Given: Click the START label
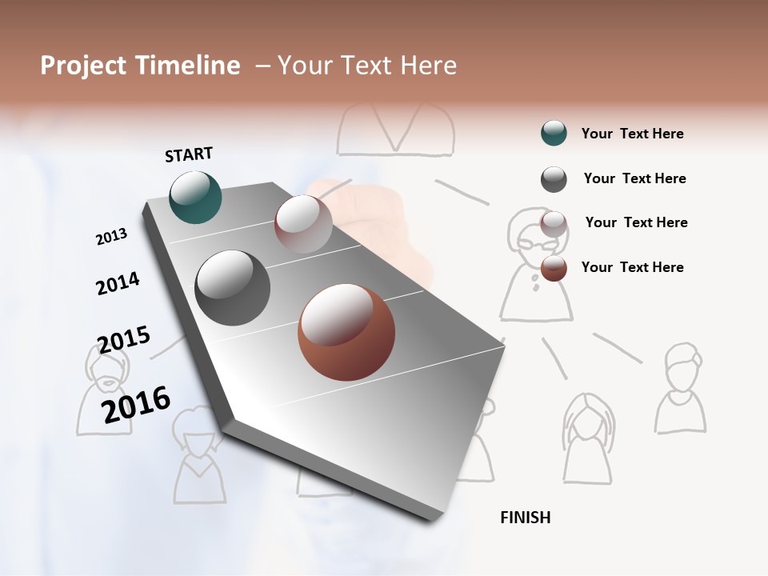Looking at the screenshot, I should tap(189, 154).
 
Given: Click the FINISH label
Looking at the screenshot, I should tap(525, 518).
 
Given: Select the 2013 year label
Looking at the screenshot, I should tap(112, 237).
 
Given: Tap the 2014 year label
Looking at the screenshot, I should tap(118, 283).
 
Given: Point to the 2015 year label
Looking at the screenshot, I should tap(123, 340).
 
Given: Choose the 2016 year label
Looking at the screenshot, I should tap(136, 405).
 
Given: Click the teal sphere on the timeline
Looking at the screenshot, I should tap(195, 197).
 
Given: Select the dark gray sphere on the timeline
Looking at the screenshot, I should tap(232, 288).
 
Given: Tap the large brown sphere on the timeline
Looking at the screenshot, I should tap(346, 332).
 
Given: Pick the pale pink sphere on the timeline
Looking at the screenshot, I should tap(303, 224).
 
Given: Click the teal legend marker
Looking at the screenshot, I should tap(554, 134).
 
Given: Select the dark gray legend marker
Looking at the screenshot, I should tap(554, 179).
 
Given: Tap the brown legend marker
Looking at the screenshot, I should tap(554, 268).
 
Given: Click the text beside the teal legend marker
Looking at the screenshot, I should tap(632, 134).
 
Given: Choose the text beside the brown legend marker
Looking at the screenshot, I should tap(632, 267).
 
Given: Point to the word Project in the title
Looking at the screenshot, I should tap(83, 66).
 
